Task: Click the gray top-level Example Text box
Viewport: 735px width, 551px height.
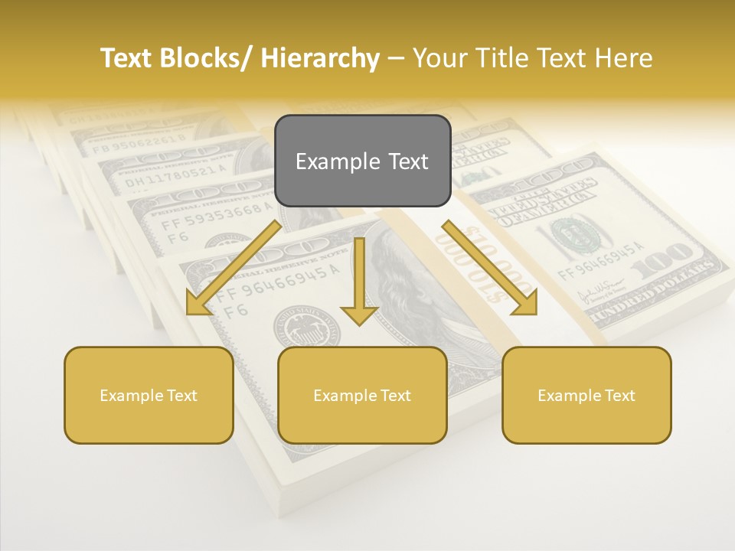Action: tap(362, 161)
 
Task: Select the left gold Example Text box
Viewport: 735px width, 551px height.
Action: tap(149, 395)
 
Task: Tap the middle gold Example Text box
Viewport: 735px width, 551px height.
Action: tap(362, 395)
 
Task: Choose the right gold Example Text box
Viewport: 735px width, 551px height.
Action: tap(586, 395)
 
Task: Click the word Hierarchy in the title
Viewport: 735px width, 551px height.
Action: tap(319, 58)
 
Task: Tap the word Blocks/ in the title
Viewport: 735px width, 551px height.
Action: tap(204, 58)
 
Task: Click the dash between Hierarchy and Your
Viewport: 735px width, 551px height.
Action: tap(396, 58)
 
